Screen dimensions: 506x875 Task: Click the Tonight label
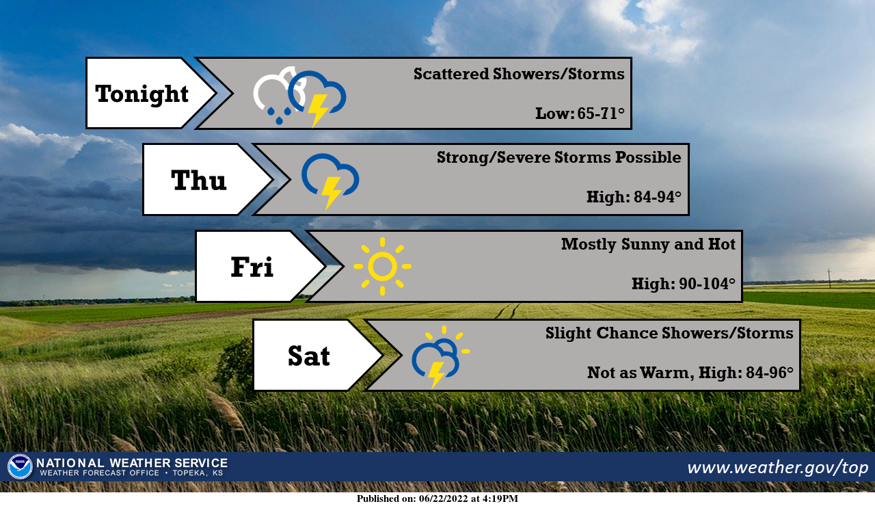(142, 94)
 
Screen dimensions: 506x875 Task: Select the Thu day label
(198, 180)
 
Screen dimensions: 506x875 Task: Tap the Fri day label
(252, 267)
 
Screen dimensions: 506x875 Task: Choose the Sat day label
(308, 356)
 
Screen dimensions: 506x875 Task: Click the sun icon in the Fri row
(382, 267)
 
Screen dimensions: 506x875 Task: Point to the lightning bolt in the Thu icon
(332, 192)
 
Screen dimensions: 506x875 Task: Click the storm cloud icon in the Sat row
(435, 358)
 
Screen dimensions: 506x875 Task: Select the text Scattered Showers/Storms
(519, 74)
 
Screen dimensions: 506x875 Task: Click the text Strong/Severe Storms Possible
(558, 158)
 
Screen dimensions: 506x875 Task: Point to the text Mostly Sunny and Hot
(648, 244)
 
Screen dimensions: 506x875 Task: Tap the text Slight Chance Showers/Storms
(669, 333)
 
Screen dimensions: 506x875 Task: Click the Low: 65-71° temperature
(580, 114)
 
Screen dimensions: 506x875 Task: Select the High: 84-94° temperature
(634, 198)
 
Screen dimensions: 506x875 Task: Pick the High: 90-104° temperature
(683, 284)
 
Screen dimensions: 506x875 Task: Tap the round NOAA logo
(20, 467)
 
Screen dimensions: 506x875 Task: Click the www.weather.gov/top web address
(777, 468)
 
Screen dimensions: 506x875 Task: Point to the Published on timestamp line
(437, 498)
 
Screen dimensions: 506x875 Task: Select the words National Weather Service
(132, 463)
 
